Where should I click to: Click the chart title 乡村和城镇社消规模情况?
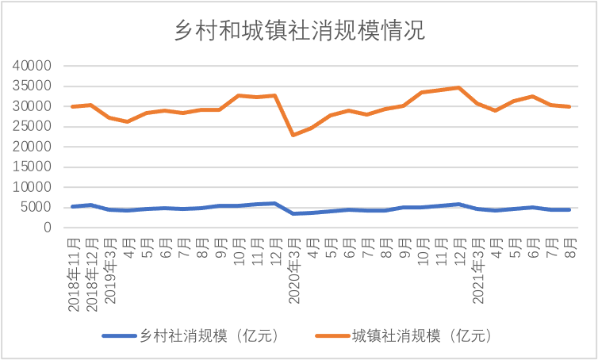[x=299, y=31]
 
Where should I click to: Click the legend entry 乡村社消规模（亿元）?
[x=209, y=336]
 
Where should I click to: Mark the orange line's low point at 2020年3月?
[x=293, y=135]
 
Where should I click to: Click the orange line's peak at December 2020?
[x=458, y=87]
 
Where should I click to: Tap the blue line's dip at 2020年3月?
[x=293, y=213]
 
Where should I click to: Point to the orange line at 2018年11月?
[x=74, y=106]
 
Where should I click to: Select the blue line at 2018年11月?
[x=74, y=206]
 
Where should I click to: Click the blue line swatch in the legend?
[x=119, y=336]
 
